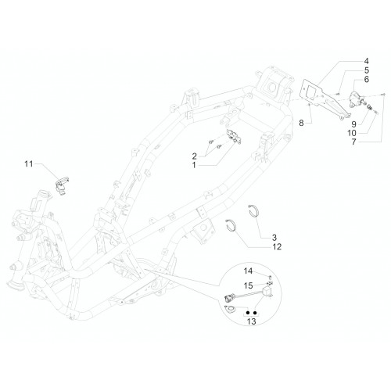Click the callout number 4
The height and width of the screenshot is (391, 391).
click(x=366, y=61)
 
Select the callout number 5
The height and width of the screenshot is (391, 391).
click(x=367, y=70)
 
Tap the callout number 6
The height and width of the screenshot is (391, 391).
click(x=367, y=79)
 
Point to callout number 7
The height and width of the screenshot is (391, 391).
click(x=353, y=142)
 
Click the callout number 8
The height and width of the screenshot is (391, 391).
click(x=301, y=123)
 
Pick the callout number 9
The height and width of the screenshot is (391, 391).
click(x=353, y=124)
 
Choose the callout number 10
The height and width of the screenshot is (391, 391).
click(x=352, y=133)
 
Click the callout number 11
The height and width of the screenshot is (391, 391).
click(x=29, y=163)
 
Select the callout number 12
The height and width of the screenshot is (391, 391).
click(x=277, y=246)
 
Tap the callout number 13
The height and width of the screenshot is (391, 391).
click(x=252, y=321)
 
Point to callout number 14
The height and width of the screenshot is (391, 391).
click(x=248, y=271)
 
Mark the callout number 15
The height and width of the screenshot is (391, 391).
click(x=248, y=285)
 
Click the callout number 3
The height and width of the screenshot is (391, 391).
click(x=274, y=238)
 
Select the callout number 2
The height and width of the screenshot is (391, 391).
click(x=194, y=156)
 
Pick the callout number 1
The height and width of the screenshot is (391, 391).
click(x=194, y=165)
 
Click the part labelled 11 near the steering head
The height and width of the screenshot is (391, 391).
click(x=62, y=185)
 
